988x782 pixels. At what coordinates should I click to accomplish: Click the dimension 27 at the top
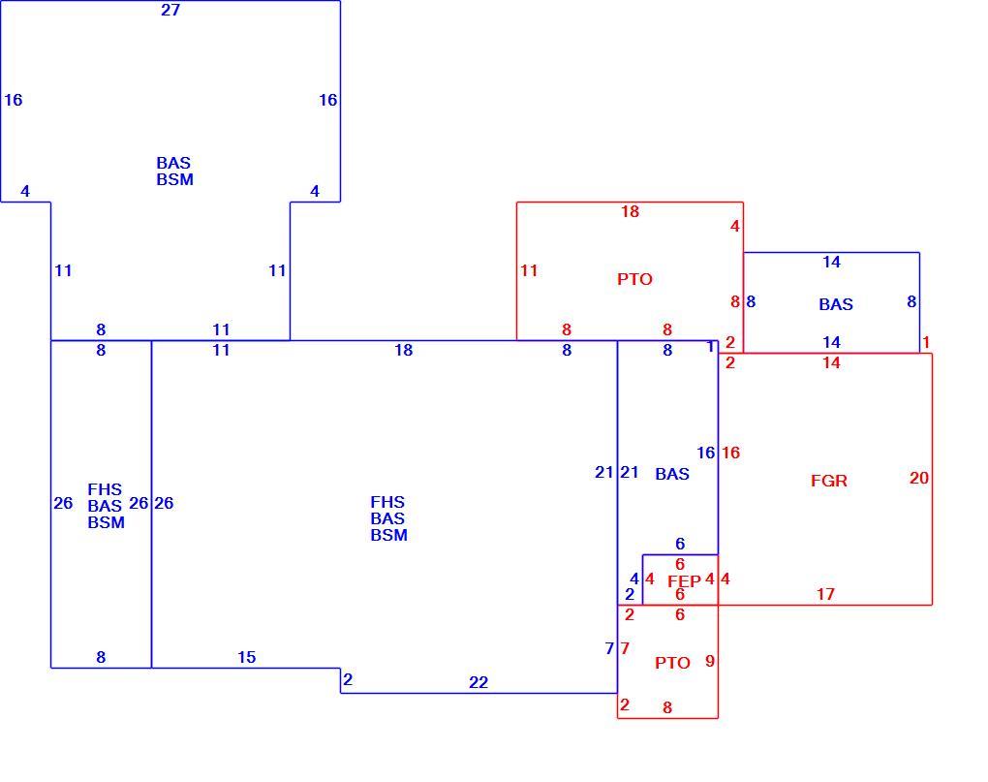coord(170,10)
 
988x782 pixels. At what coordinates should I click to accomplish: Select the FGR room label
coord(828,481)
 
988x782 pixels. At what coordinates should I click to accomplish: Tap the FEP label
coord(684,581)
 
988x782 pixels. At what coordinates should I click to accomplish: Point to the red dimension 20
coord(918,478)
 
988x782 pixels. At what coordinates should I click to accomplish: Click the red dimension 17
coord(825,594)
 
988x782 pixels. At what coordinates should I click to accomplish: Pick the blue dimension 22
coord(479,682)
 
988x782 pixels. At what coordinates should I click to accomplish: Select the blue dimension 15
coord(246,657)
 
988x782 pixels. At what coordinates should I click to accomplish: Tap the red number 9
coord(709,661)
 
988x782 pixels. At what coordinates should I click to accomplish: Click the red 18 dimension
coord(631,211)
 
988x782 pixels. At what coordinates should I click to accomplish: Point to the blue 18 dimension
coord(403,351)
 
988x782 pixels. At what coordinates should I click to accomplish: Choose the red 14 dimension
coord(831,362)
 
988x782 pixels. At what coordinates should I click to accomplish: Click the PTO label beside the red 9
coord(672,663)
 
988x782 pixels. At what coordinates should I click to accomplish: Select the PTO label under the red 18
coord(634,279)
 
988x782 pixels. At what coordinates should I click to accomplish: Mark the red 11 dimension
coord(529,271)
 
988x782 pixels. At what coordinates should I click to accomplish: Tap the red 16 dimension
coord(731,453)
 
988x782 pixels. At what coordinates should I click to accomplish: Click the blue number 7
coord(609,648)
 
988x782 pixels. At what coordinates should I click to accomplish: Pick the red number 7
coord(625,648)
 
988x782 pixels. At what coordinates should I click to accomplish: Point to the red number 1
coord(926,342)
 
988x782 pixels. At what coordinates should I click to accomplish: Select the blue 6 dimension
coord(680,544)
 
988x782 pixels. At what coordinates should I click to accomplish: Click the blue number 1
coord(710,347)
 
